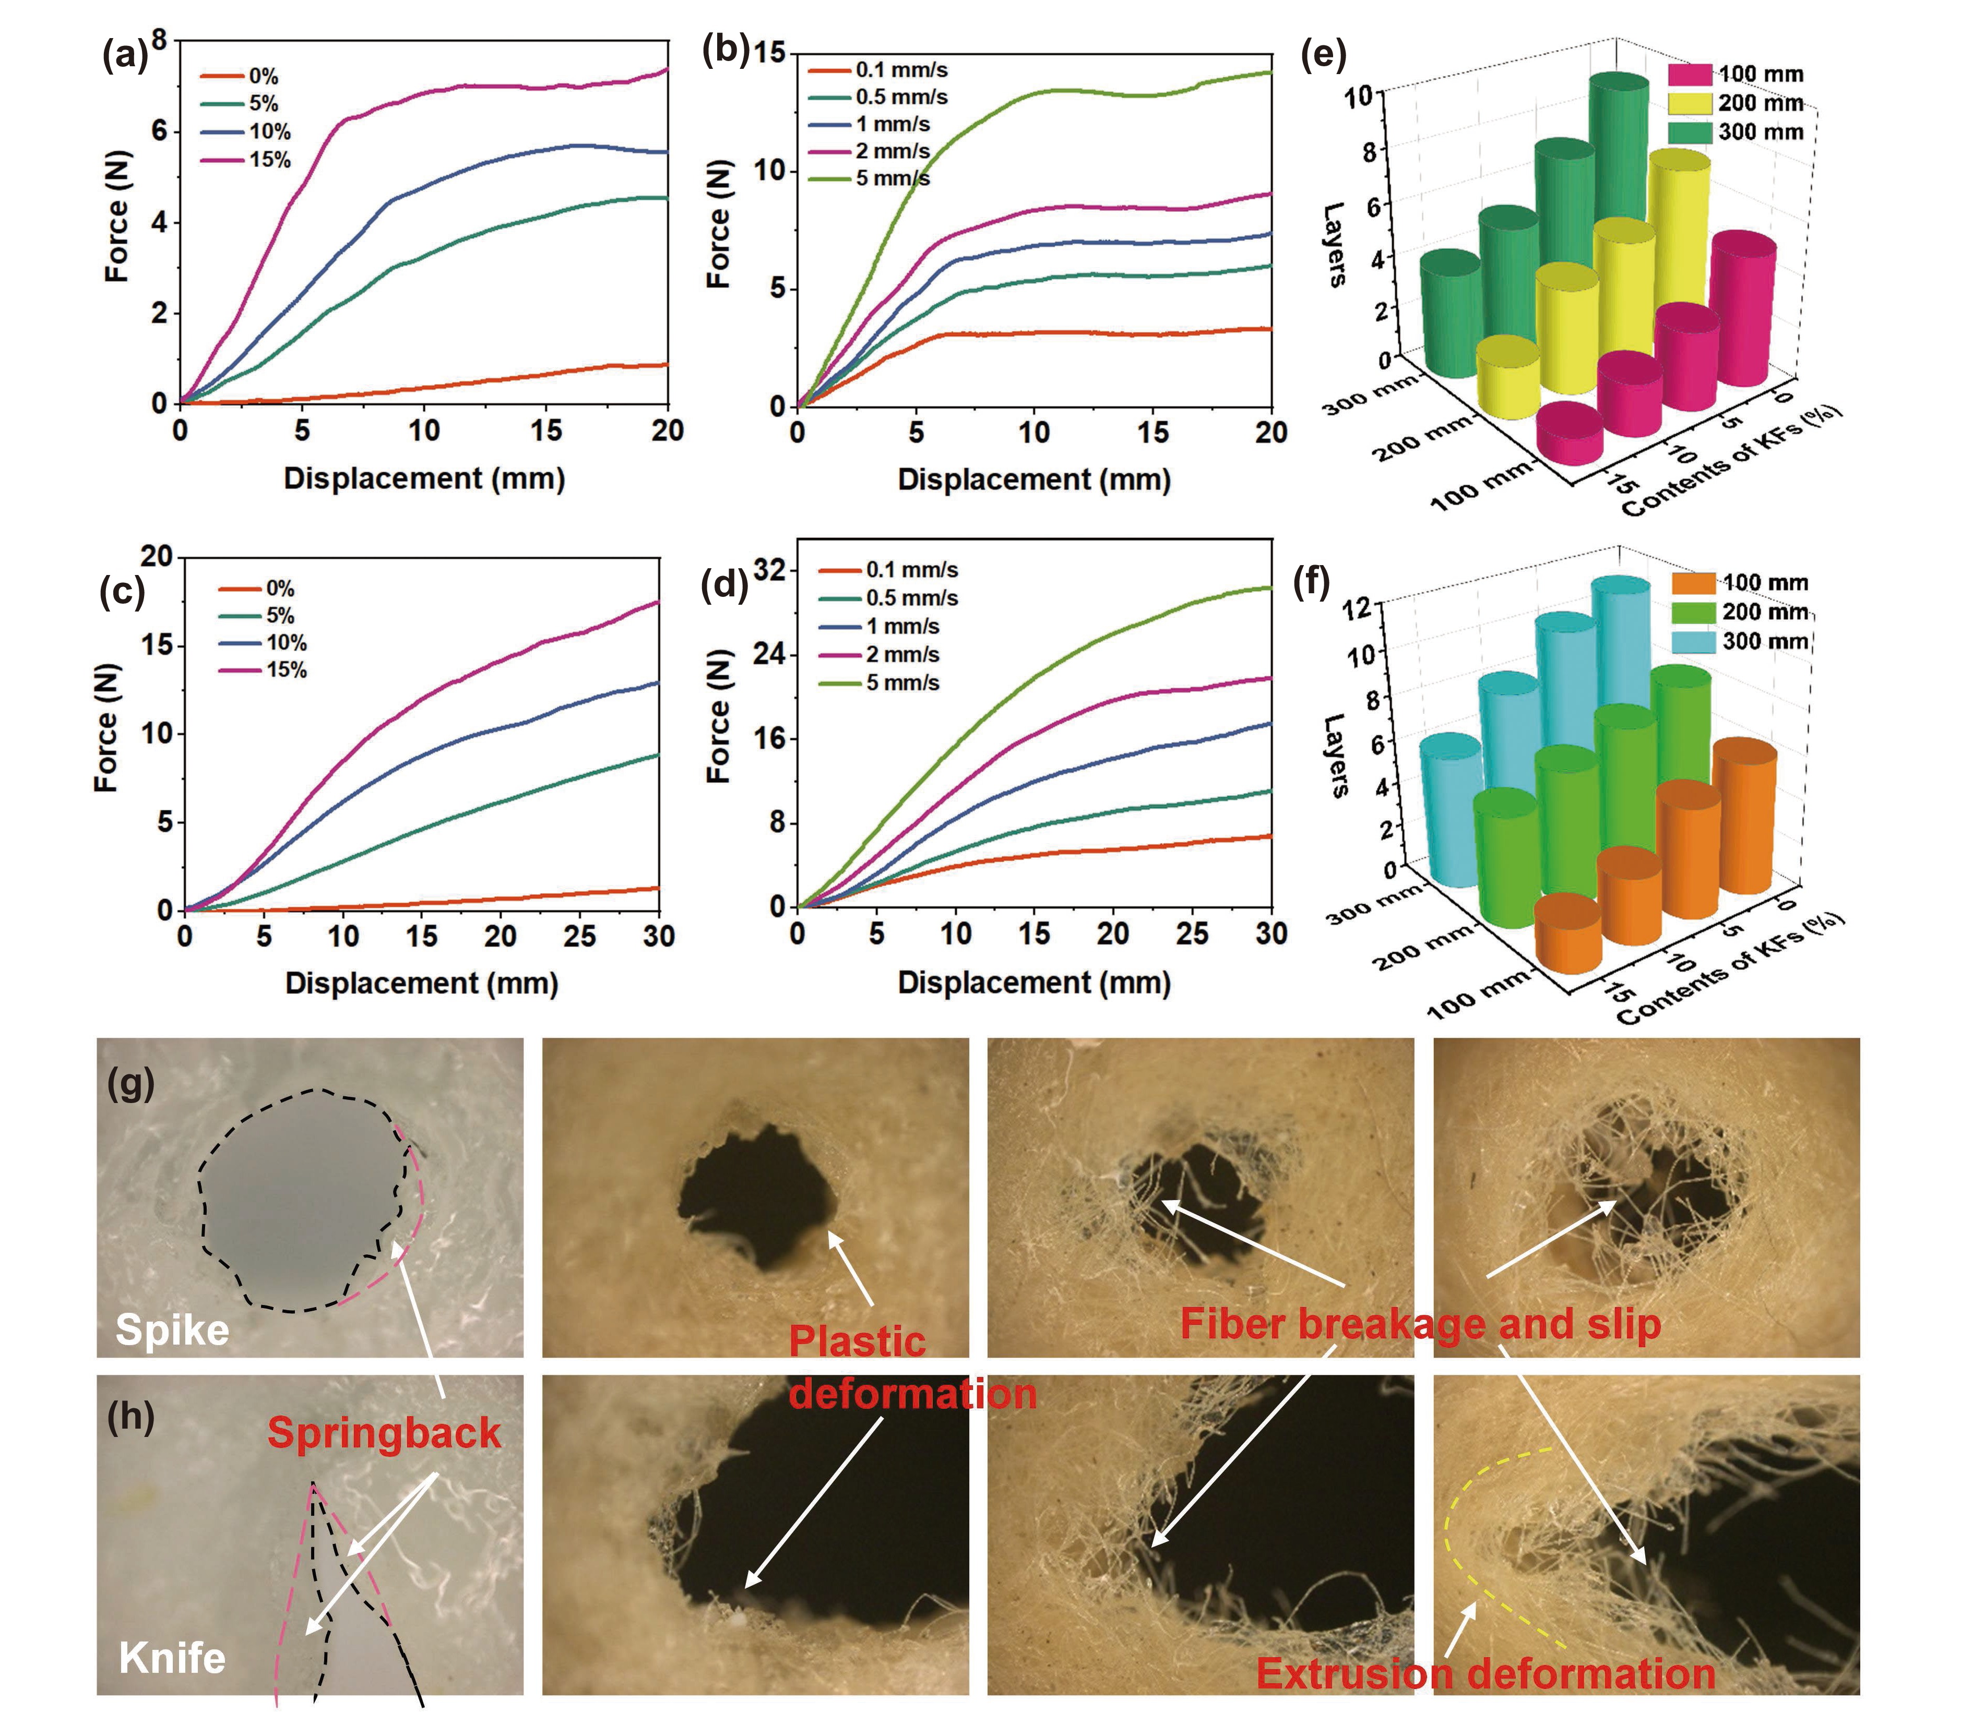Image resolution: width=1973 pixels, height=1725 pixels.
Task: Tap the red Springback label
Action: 383,1432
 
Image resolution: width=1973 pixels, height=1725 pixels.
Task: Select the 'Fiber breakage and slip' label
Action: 1420,1324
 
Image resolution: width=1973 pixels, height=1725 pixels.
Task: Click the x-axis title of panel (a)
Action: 424,478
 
